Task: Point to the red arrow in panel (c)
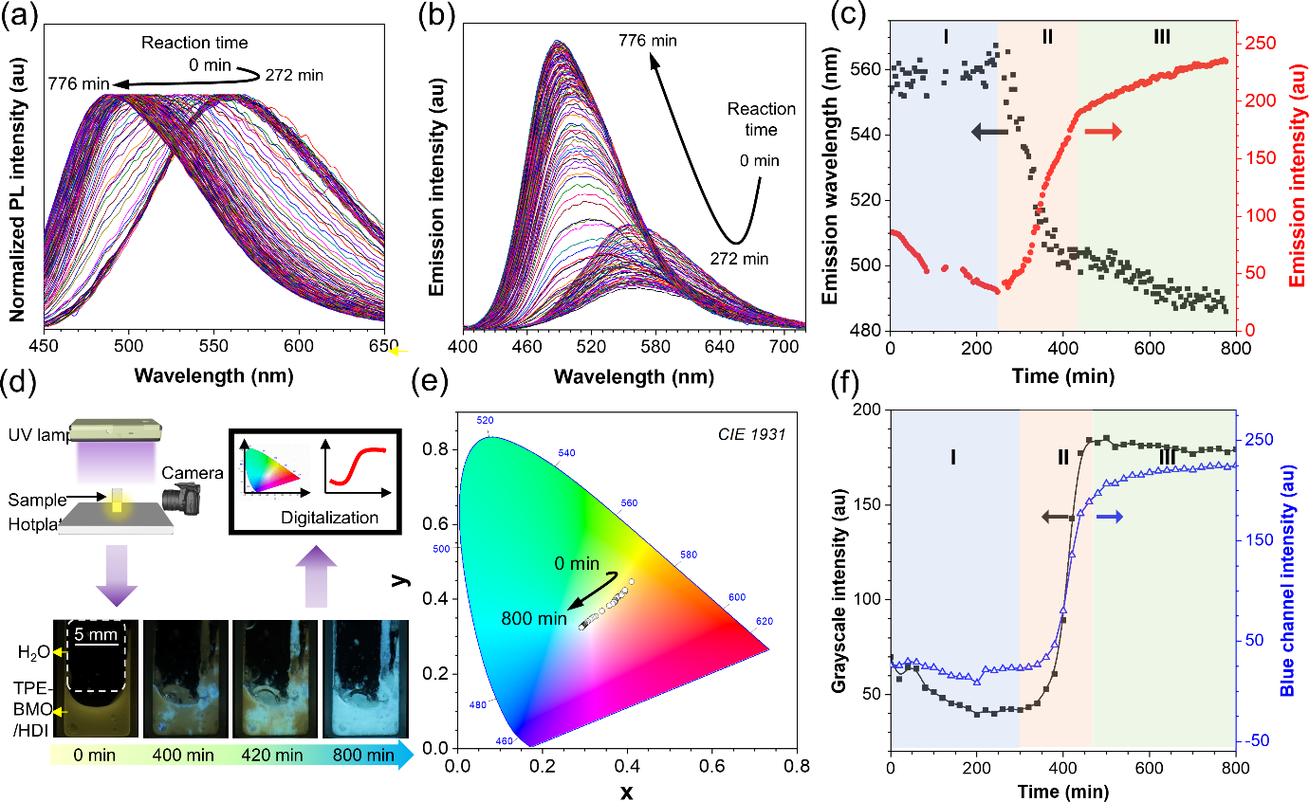[x=1103, y=132]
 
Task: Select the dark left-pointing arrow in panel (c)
[x=989, y=133]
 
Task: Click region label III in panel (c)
[x=1162, y=37]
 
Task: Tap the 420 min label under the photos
[x=272, y=756]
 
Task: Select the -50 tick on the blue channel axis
[x=1261, y=740]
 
